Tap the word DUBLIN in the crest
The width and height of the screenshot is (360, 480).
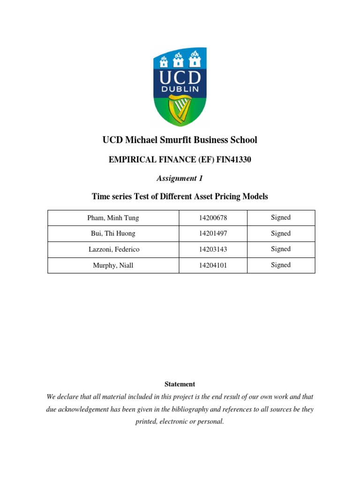(180, 89)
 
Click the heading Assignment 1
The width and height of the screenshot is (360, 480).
(180, 178)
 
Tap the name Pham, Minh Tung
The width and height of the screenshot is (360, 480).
(113, 218)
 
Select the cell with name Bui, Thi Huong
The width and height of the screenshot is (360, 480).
(113, 233)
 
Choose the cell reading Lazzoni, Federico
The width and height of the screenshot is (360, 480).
(113, 249)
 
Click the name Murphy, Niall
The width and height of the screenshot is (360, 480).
(113, 265)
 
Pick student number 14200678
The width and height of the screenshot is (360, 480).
(213, 218)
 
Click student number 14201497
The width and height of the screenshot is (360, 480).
(213, 233)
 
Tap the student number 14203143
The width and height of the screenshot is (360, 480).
(213, 249)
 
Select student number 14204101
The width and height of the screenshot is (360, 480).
(213, 265)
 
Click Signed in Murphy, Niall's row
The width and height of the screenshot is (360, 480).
(281, 265)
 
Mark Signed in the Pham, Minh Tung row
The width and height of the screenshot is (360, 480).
(281, 217)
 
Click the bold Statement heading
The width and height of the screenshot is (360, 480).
(180, 384)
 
